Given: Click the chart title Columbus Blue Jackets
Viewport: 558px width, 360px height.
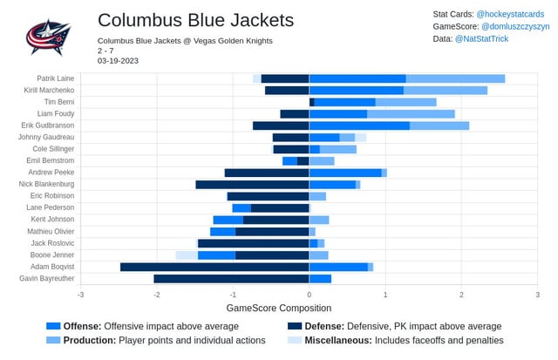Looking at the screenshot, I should (x=195, y=20).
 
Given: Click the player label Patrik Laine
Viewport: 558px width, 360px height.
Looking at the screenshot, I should (x=55, y=78).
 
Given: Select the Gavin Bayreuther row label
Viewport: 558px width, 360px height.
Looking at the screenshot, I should (x=47, y=279).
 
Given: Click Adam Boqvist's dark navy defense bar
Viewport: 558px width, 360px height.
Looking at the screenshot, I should (x=214, y=267).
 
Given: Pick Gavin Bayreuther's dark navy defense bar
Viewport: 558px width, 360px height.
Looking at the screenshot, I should (x=231, y=279).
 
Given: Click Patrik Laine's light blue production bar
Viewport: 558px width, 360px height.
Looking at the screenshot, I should (x=455, y=78).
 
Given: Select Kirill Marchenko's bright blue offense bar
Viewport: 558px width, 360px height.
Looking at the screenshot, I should (x=356, y=90).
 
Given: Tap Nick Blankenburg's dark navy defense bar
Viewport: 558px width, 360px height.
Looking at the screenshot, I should (x=252, y=185).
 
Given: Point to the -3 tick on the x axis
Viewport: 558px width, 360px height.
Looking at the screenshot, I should (x=80, y=295).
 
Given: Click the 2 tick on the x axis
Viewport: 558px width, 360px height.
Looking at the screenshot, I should (x=461, y=295).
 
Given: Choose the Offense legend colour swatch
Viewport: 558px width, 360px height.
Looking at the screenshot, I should (x=53, y=326).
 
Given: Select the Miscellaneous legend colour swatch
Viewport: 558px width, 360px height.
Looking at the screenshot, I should (x=295, y=340).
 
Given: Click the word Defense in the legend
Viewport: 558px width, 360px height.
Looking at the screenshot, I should (x=325, y=326).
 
